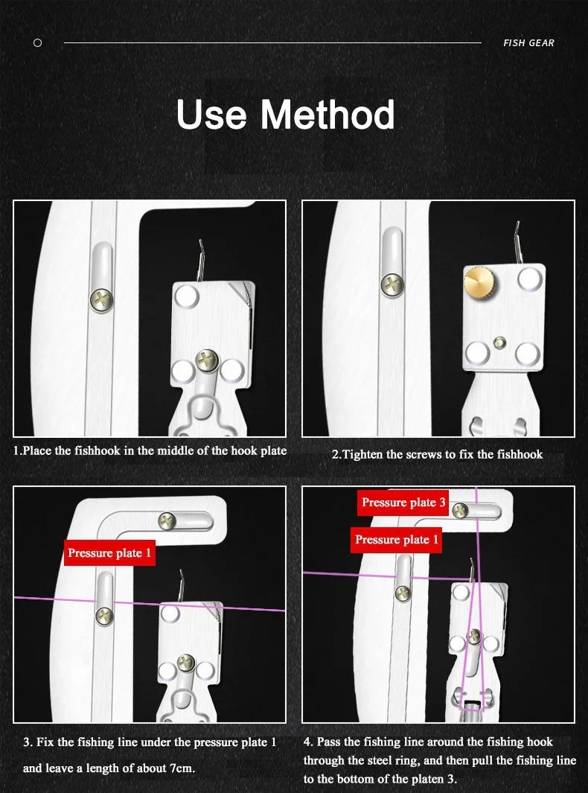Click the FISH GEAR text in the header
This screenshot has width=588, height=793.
tap(528, 43)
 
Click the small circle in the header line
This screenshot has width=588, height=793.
tap(37, 43)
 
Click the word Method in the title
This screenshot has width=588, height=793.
tap(327, 115)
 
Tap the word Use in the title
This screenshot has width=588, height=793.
tap(211, 115)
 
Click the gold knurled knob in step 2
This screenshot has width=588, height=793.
tap(479, 281)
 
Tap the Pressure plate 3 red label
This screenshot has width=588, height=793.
tap(403, 503)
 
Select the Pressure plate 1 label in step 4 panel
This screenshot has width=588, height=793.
tap(396, 540)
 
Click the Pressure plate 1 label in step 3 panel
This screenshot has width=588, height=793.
tap(109, 552)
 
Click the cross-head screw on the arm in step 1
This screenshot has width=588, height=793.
tap(102, 300)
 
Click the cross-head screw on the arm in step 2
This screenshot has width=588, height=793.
tap(392, 285)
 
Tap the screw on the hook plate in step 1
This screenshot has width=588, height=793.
tap(205, 360)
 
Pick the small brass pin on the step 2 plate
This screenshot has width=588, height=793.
tap(499, 343)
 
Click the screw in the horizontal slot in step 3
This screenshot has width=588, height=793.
tap(167, 521)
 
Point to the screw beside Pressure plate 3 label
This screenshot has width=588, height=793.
tap(459, 510)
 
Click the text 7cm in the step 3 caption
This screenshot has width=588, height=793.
tap(182, 768)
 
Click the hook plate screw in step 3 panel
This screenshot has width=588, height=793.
tap(185, 662)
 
